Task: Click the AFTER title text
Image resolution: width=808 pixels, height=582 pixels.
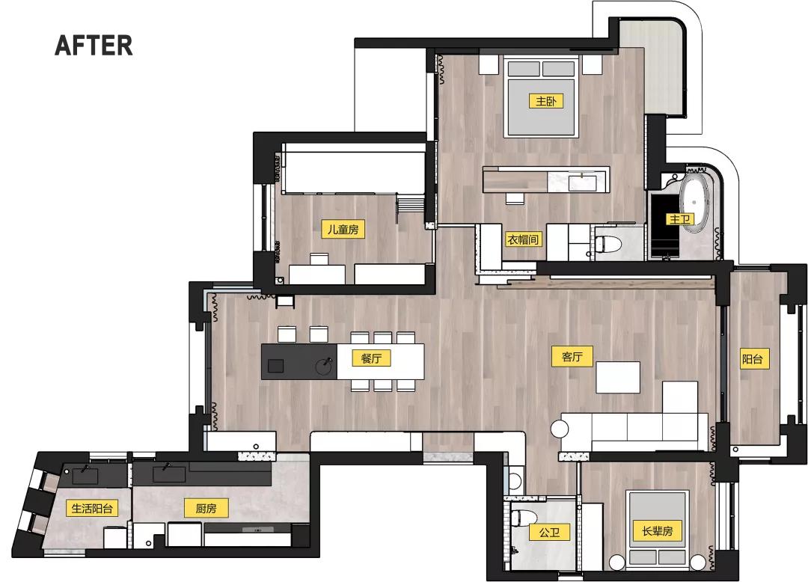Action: point(94,46)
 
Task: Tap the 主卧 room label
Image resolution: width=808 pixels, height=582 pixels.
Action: point(545,101)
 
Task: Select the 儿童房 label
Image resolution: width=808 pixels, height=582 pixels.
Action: point(343,230)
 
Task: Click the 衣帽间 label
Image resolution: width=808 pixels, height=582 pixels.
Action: point(524,239)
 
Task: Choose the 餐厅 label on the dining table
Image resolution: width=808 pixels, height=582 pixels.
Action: point(372,358)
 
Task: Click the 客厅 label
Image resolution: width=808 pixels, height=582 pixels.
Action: point(572,357)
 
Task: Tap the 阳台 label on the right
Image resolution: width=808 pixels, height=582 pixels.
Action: point(752,359)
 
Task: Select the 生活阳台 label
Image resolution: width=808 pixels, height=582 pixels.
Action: point(92,509)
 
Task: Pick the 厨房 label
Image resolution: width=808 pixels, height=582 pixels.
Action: point(206,509)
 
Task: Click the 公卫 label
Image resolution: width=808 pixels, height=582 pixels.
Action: point(549,533)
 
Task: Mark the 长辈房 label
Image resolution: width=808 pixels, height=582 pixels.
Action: point(658,532)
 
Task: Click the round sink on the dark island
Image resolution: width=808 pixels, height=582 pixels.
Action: point(325,366)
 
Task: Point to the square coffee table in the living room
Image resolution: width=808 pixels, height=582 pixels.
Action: point(618,377)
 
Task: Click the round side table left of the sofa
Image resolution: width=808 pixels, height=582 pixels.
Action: point(560,429)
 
